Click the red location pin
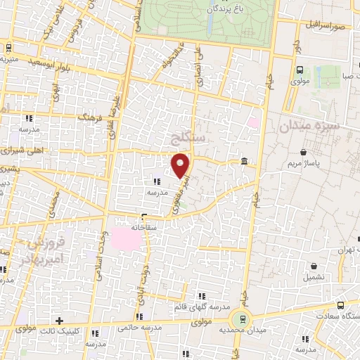181,165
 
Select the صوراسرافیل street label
325,25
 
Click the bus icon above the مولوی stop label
300,70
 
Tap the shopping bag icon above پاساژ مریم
303,152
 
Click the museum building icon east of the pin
243,162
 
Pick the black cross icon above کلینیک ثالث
60,321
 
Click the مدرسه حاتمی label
126,327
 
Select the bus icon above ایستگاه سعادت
341,305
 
